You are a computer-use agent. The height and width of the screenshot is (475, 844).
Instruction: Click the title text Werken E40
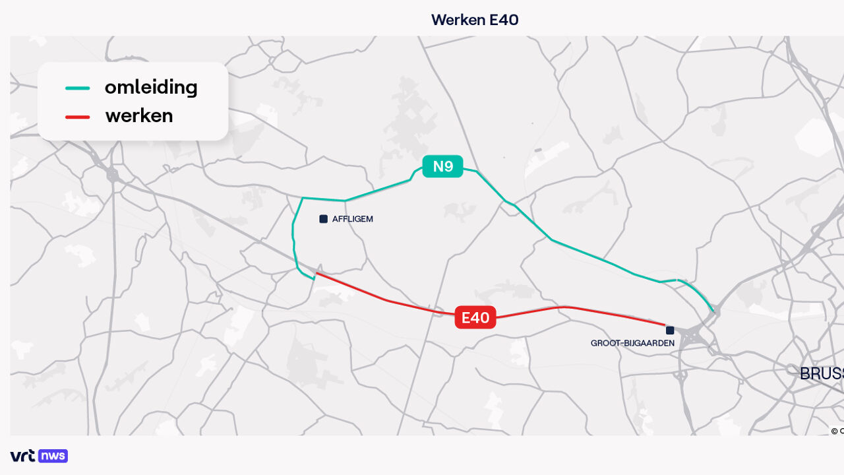click(475, 20)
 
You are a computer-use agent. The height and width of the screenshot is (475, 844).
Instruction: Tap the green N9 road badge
click(443, 166)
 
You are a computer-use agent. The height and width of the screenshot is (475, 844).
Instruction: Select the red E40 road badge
click(475, 318)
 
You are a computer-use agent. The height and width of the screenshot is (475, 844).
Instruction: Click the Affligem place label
click(352, 219)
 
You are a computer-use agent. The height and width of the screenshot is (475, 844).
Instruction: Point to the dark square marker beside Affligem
click(323, 219)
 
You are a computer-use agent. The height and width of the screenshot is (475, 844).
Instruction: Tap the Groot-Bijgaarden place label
click(632, 343)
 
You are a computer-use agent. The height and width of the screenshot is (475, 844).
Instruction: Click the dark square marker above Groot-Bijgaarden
click(670, 330)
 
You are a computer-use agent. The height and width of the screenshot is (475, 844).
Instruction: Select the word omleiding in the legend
click(151, 87)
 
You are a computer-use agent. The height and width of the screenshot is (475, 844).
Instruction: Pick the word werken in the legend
click(139, 116)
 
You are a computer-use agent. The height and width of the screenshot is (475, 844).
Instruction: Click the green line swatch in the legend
click(78, 88)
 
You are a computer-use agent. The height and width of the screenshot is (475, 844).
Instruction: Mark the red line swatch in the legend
click(78, 117)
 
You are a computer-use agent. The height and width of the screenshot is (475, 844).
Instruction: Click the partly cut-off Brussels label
click(822, 373)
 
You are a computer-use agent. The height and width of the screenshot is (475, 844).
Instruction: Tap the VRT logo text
click(23, 456)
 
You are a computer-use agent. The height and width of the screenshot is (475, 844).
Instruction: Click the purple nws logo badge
click(53, 456)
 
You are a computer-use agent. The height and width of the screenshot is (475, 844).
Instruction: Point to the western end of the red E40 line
click(317, 272)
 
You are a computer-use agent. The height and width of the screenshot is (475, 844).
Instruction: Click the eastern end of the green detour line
click(713, 311)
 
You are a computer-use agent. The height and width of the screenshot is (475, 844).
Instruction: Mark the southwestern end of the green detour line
click(313, 279)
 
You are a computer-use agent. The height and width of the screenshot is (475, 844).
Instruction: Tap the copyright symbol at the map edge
click(835, 431)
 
